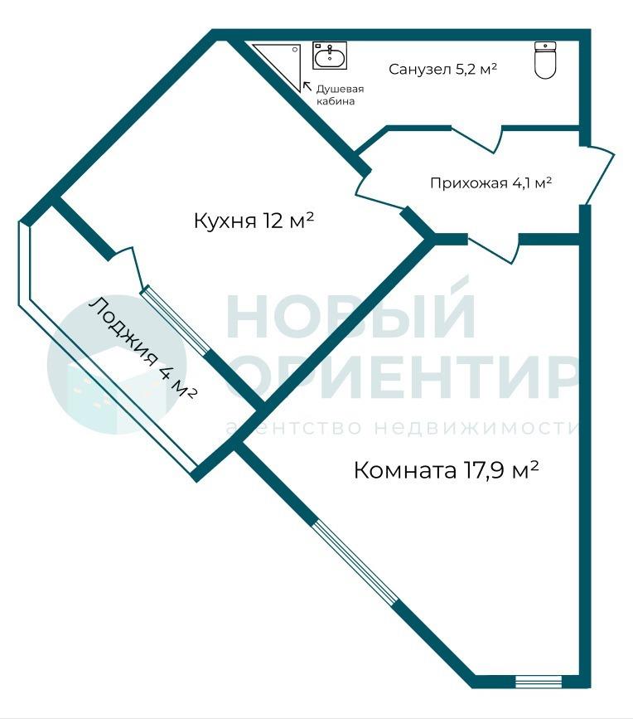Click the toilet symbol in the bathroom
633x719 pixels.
click(x=545, y=60)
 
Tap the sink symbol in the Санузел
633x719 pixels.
click(x=330, y=56)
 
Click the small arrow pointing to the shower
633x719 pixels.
click(x=307, y=85)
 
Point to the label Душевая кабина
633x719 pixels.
click(x=340, y=95)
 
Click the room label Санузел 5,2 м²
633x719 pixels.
click(x=443, y=69)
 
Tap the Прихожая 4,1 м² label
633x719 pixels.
click(x=490, y=182)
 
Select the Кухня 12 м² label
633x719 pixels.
click(x=254, y=221)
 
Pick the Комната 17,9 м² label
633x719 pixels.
click(x=446, y=469)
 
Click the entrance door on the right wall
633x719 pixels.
click(x=599, y=175)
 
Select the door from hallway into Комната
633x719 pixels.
click(x=494, y=248)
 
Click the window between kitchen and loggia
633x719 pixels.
click(x=176, y=319)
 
